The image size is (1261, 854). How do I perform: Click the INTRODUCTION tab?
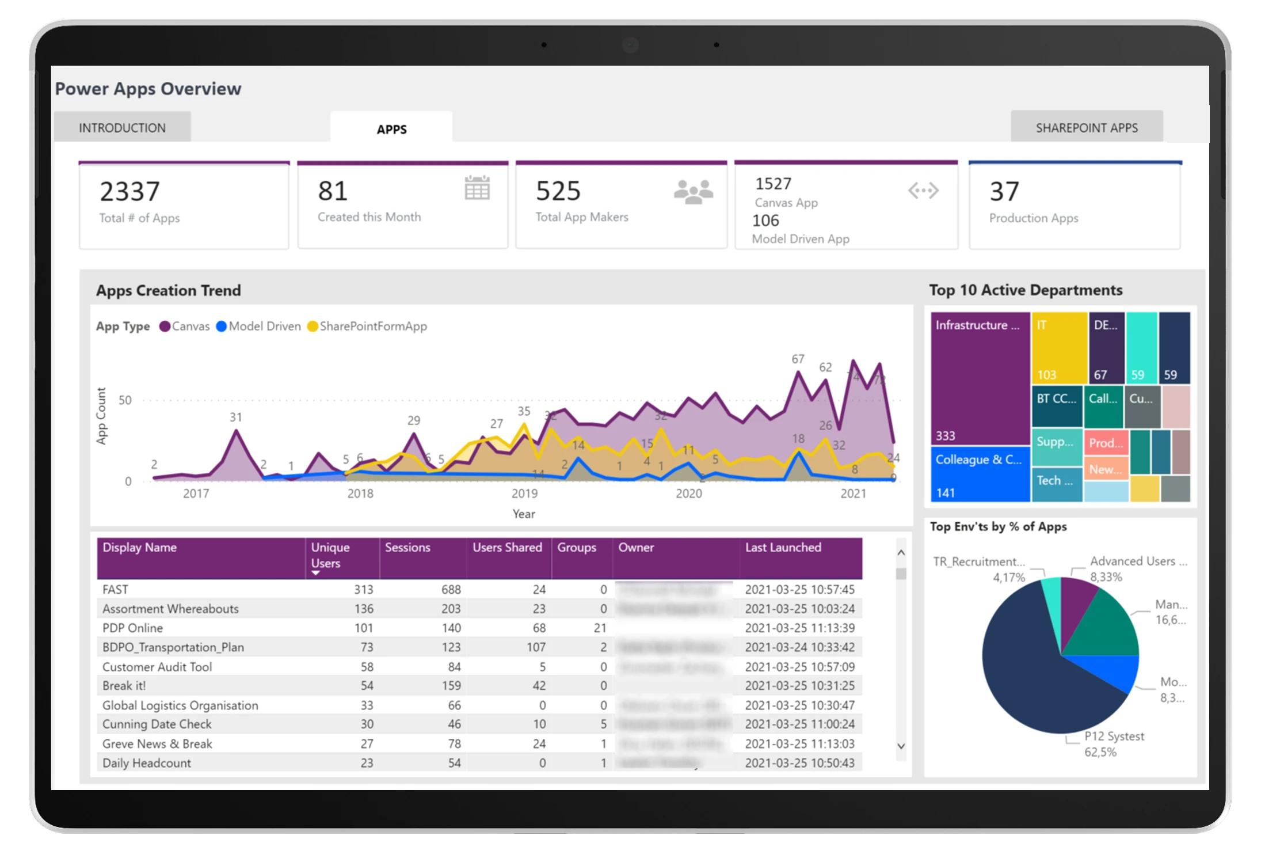[122, 127]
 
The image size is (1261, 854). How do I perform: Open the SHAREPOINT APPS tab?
[1086, 127]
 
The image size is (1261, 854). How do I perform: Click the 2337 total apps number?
[129, 192]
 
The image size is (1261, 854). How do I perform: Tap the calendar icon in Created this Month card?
[477, 188]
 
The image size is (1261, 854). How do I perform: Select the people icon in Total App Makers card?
[693, 192]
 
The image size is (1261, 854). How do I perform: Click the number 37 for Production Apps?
[1004, 192]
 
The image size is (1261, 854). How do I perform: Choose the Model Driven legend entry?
[258, 327]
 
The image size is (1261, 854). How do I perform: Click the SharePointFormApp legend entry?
[368, 327]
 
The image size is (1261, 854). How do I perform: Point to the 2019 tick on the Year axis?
[524, 494]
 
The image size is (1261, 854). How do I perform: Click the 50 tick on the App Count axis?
[125, 400]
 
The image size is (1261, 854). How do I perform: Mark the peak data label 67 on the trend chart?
[797, 359]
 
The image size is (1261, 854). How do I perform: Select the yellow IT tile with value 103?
[1058, 348]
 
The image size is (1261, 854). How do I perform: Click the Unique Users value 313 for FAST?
[363, 590]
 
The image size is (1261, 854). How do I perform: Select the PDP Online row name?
[132, 628]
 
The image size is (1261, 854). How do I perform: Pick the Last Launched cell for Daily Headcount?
[799, 763]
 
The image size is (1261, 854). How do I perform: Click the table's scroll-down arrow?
[901, 746]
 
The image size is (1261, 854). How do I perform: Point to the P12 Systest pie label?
[1114, 737]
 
